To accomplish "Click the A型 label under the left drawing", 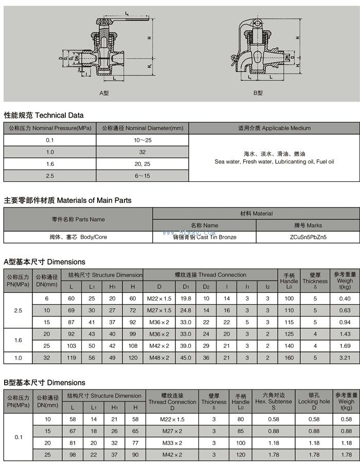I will tap(104, 93).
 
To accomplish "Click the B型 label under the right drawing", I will tap(258, 93).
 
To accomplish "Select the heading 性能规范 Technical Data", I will tap(44, 115).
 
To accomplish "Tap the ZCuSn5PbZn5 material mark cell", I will tap(308, 237).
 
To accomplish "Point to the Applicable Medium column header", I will tap(274, 128).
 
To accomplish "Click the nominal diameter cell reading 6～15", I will tap(142, 176).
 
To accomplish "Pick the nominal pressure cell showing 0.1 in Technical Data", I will tap(50, 140).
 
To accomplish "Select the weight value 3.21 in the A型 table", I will tap(345, 357).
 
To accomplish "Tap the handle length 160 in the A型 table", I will tap(289, 357).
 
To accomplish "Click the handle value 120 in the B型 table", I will tap(240, 455).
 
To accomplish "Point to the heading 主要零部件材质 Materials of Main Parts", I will tap(68, 200).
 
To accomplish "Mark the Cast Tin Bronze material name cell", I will tap(204, 237).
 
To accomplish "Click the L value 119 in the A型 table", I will tap(72, 357).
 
